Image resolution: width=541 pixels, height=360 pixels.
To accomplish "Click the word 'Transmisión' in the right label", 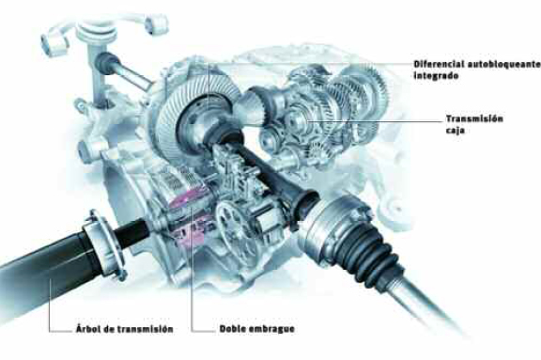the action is click(x=474, y=118).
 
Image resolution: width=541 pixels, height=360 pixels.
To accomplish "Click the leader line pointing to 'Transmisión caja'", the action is click(x=375, y=121).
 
